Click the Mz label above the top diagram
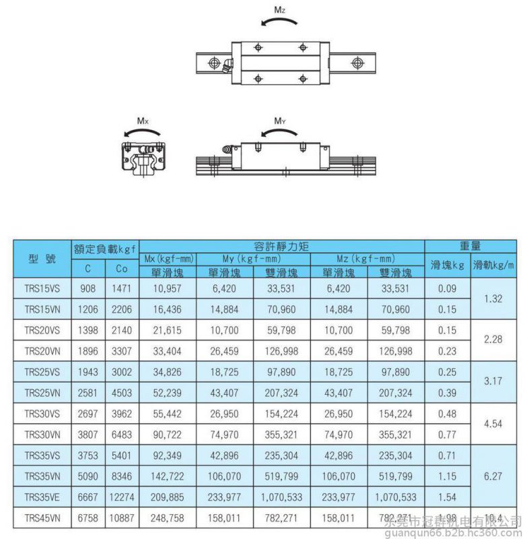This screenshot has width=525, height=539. tap(278, 10)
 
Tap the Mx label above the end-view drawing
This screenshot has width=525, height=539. tap(143, 121)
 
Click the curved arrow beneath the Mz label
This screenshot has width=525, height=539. tap(277, 24)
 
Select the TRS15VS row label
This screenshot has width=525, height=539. tap(42, 289)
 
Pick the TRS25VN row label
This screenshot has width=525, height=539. tap(42, 392)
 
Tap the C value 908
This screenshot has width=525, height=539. tap(89, 289)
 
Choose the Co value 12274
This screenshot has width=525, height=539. tap(122, 497)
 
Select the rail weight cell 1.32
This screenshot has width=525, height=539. tap(493, 299)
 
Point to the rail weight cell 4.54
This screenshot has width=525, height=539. tap(493, 424)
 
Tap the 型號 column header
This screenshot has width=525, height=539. tap(42, 259)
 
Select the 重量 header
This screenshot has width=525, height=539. tap(470, 247)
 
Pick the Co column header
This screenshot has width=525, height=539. tap(122, 267)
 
